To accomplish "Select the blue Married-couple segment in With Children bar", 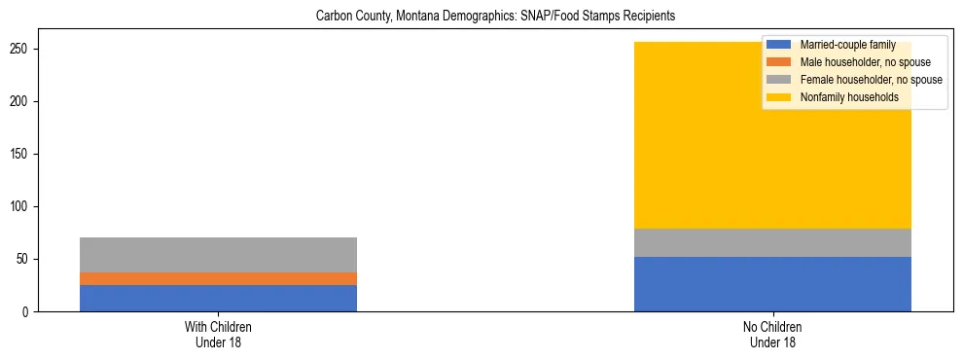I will coord(218,298).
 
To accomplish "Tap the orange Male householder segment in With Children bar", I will coord(218,278).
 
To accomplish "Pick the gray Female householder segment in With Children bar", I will coord(218,255).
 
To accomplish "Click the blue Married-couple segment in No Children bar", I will coord(772,284).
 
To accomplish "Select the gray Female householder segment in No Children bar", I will coord(772,243).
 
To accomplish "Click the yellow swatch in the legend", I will coord(779,97).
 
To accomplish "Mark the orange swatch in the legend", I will coord(779,62).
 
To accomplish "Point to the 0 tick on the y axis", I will coord(30,312).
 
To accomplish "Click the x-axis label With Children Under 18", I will coord(218,335).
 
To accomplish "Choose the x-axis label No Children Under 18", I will coord(772,335).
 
